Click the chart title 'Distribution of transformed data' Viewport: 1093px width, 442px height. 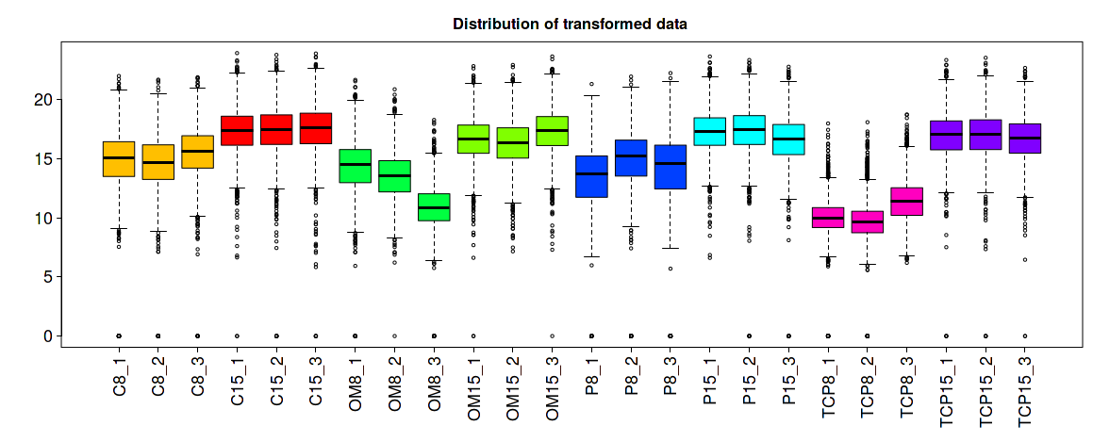(570, 24)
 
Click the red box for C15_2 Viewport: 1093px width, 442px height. (276, 129)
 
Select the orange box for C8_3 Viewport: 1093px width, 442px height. (197, 152)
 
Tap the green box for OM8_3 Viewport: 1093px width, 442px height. (434, 206)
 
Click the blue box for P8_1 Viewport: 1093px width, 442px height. (592, 176)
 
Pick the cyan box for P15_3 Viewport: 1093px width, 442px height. (789, 139)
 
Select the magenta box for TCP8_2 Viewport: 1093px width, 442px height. (868, 221)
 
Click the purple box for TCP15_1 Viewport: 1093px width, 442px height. (947, 135)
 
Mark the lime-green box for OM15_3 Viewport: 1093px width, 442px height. (553, 131)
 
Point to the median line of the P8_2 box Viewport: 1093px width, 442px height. (632, 156)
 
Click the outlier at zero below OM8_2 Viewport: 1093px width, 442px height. (394, 336)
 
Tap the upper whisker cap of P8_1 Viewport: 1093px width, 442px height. (592, 95)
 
